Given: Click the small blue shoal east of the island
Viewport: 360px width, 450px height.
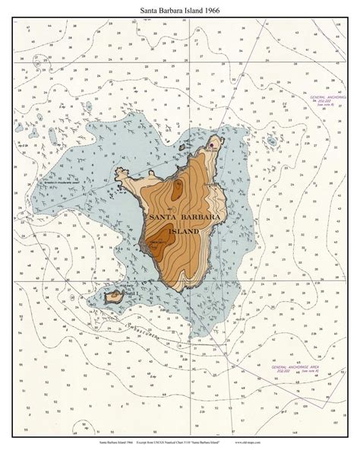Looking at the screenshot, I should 271,141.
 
